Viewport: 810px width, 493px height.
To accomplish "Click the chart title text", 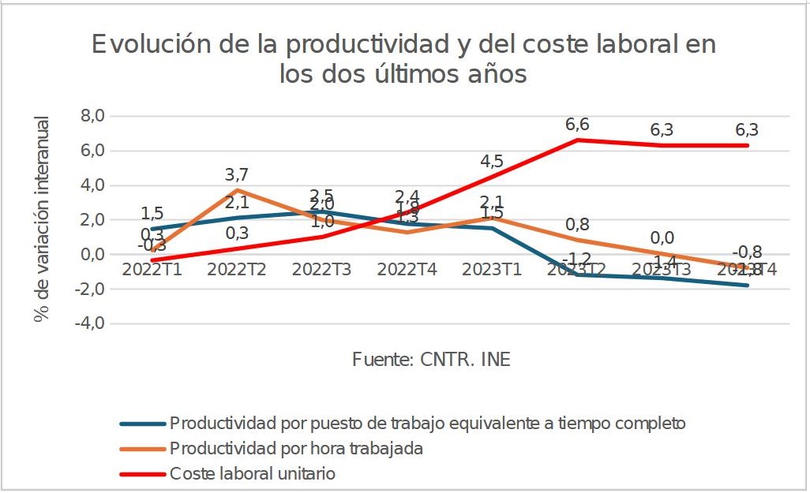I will click(403, 58).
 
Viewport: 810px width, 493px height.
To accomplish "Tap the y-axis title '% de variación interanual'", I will click(42, 218).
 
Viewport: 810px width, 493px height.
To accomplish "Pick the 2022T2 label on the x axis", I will click(237, 269).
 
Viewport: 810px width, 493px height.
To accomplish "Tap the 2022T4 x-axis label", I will click(407, 269).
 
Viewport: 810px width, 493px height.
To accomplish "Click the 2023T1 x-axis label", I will click(492, 269).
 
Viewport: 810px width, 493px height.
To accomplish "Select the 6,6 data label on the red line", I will click(577, 125).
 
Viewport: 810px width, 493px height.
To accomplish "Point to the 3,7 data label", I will click(237, 174).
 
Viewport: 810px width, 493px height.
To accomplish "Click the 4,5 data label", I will click(492, 161).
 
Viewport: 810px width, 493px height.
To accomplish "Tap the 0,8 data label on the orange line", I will click(577, 224).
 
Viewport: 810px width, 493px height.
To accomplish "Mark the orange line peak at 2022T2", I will click(237, 190).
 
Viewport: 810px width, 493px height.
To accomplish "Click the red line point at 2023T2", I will click(577, 140).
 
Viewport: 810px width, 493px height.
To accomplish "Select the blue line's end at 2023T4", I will click(747, 285).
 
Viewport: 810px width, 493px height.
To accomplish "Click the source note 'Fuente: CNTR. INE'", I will click(431, 360).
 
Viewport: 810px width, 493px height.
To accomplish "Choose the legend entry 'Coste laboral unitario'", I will click(252, 474).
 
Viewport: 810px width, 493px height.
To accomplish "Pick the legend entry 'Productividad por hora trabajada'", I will click(296, 449).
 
